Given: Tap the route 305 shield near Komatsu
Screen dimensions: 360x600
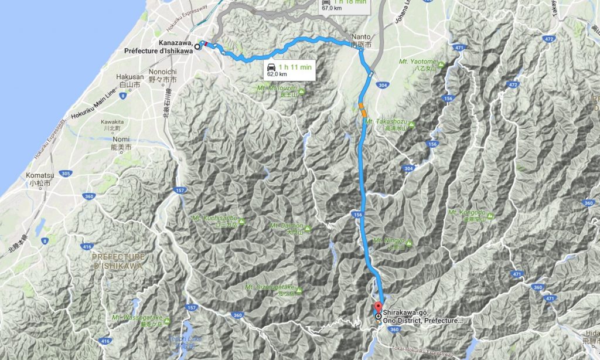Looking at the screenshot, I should (x=66, y=174).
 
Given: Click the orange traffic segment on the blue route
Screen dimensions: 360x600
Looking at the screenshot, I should (x=363, y=110).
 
